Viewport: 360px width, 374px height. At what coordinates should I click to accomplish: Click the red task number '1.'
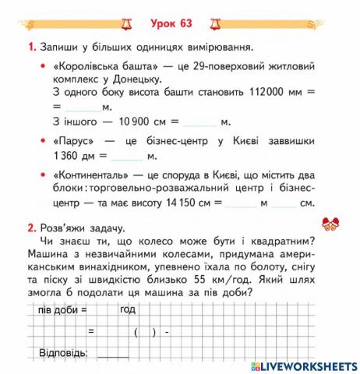(31, 48)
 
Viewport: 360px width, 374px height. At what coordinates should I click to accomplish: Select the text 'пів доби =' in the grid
(62, 309)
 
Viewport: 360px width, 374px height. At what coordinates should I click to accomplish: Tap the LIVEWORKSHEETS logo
(305, 365)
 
